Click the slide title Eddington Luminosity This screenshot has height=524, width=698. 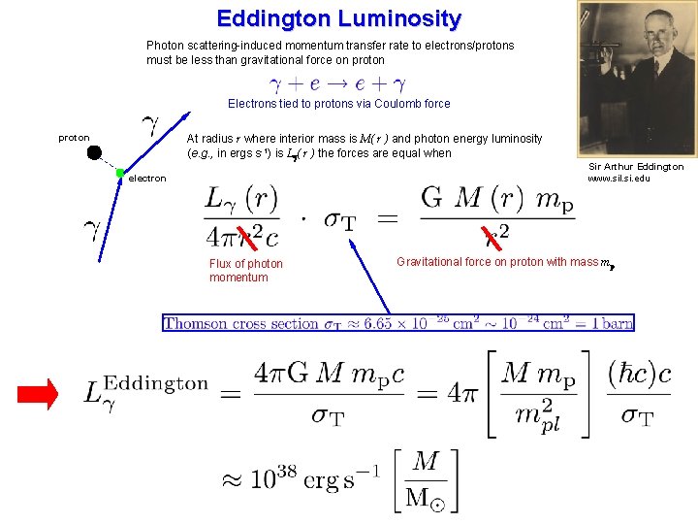click(x=339, y=18)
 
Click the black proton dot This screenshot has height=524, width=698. click(x=94, y=152)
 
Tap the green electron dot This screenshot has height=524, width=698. click(x=119, y=174)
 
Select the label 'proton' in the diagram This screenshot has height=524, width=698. click(x=74, y=138)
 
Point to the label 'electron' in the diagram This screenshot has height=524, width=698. click(x=147, y=179)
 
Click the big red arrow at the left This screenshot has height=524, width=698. click(x=39, y=393)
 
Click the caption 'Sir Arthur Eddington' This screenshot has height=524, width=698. click(x=636, y=167)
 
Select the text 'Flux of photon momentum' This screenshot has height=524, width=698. click(x=246, y=271)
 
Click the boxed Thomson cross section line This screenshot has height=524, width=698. click(x=398, y=323)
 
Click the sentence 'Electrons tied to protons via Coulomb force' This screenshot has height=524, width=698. click(x=338, y=103)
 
